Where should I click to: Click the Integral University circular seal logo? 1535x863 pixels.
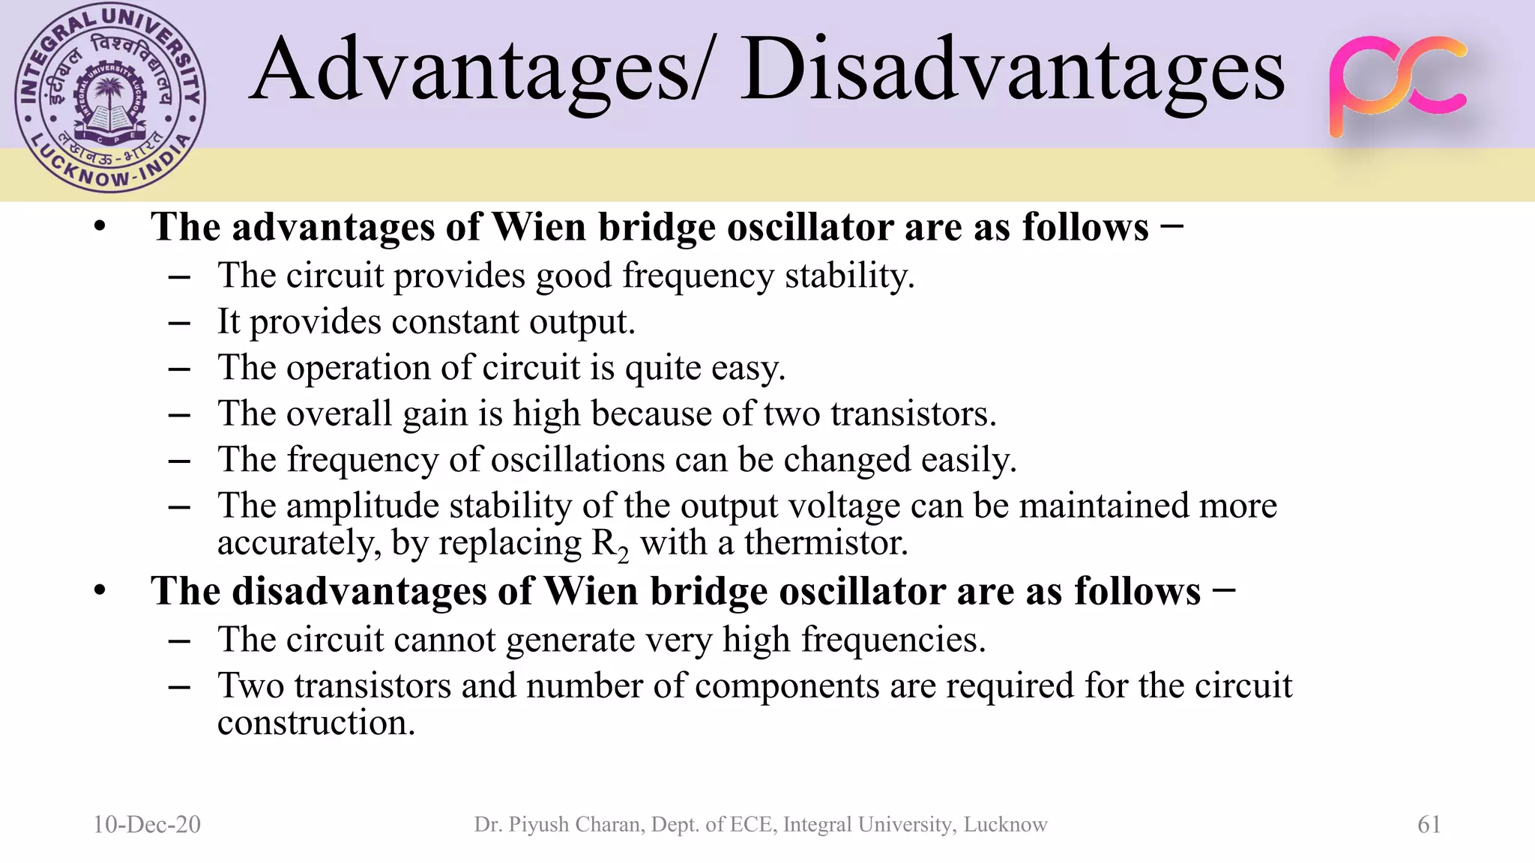tap(110, 98)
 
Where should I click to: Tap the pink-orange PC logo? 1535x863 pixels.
tap(1397, 85)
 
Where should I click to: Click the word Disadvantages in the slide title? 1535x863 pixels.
tap(1013, 71)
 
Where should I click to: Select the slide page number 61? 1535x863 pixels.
tap(1429, 825)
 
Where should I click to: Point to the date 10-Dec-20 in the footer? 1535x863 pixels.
tap(147, 825)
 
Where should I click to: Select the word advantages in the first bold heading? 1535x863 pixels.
tap(333, 227)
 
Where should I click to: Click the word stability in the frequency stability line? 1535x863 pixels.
tap(849, 276)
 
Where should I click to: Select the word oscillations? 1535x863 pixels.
tap(577, 460)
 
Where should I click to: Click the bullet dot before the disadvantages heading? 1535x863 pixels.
tap(100, 592)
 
